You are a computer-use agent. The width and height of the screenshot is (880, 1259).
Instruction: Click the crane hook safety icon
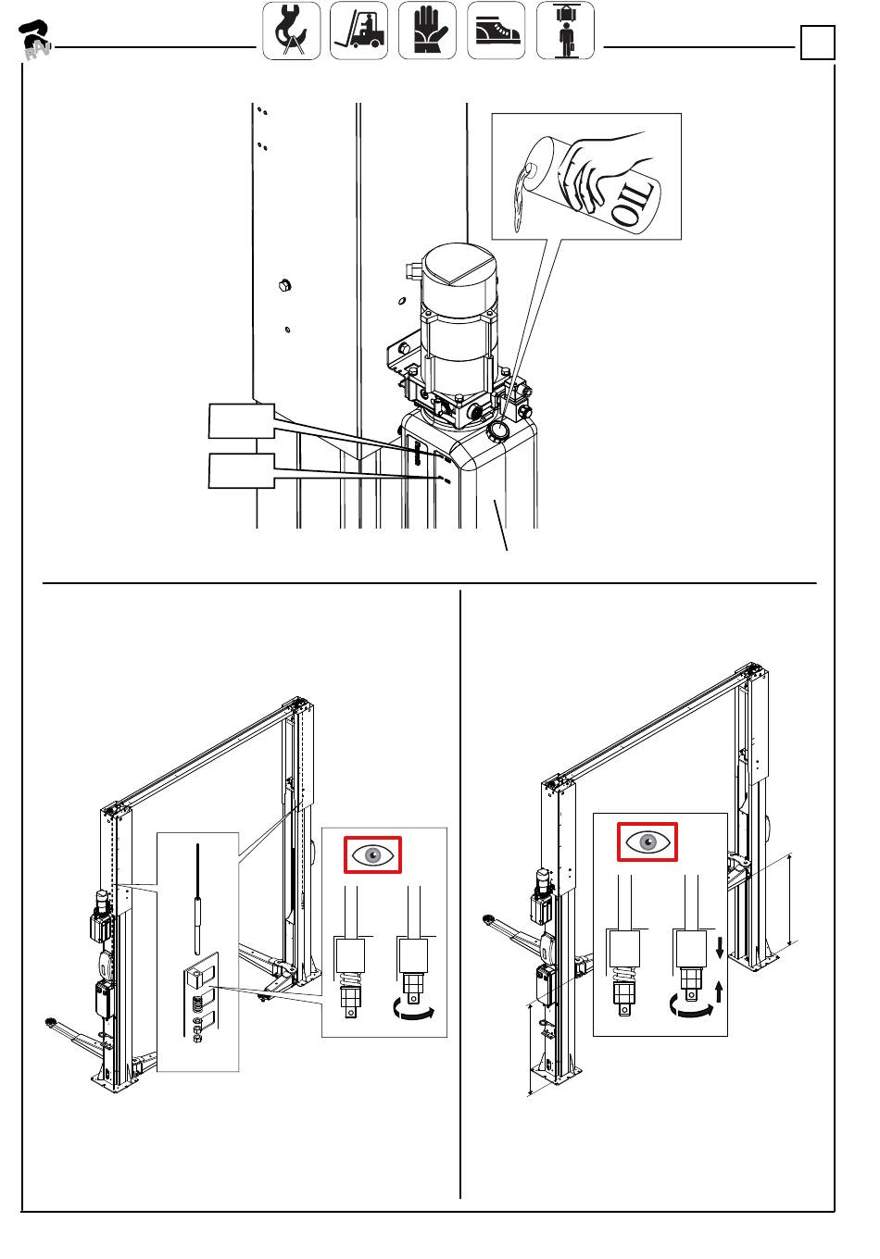pos(291,31)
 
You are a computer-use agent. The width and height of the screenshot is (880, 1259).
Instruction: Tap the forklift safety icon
pos(358,31)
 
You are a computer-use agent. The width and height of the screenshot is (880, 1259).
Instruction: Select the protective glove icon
pos(427,31)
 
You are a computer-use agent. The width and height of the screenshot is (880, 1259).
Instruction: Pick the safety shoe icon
pos(496,31)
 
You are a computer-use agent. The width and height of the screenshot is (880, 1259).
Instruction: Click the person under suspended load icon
pos(565,31)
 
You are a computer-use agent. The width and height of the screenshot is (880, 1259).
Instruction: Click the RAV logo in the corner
pos(35,40)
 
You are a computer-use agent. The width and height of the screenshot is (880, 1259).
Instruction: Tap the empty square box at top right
pos(817,43)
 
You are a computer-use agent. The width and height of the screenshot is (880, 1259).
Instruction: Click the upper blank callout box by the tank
pos(242,421)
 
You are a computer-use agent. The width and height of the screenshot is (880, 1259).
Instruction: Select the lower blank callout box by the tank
pos(242,470)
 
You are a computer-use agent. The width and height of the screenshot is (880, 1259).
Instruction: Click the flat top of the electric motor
pos(459,262)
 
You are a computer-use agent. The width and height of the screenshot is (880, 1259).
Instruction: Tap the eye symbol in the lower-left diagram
pos(372,854)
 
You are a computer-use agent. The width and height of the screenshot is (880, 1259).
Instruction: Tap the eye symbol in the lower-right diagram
pos(647,842)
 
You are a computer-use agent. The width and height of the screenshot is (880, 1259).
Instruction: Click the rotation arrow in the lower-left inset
pos(414,1013)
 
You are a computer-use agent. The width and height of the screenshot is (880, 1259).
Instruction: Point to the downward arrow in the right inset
pos(720,948)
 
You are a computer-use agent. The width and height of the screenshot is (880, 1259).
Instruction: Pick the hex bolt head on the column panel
pos(284,285)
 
